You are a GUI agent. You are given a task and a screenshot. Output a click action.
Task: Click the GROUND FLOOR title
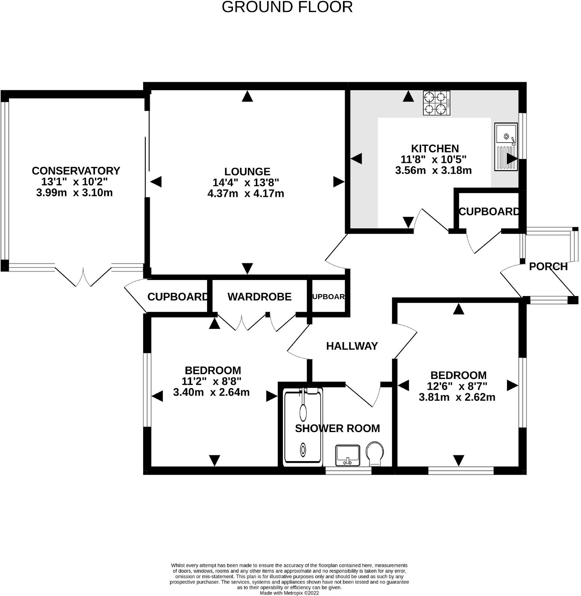287,7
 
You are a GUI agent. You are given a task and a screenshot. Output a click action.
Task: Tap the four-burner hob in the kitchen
436,103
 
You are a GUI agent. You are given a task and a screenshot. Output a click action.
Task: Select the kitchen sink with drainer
506,146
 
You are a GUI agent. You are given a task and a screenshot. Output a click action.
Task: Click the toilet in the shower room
375,454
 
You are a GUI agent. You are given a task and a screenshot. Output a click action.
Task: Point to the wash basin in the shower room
347,455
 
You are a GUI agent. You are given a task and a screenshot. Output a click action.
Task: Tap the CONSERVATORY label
76,171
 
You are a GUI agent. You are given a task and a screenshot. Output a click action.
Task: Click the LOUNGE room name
247,171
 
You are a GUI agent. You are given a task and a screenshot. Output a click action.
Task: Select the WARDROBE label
259,297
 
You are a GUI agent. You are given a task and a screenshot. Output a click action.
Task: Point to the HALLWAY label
352,346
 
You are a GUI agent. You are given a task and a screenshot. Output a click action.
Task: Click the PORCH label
548,267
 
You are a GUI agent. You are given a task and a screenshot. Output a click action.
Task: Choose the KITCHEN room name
435,149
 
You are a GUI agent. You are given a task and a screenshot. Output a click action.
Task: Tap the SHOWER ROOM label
337,429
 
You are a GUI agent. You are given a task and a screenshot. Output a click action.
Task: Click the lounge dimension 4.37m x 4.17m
246,193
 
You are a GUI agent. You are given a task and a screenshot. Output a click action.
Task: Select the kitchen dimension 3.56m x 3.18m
433,171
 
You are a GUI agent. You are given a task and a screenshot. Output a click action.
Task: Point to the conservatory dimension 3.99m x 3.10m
74,193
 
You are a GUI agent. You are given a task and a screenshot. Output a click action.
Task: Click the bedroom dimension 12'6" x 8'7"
457,386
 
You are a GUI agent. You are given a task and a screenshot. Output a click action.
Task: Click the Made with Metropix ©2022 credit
289,593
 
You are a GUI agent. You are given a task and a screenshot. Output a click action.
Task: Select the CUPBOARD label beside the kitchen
489,212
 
